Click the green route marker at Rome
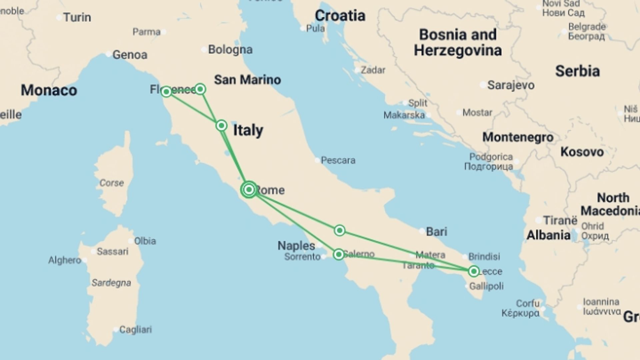point(249,190)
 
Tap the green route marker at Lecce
point(474,271)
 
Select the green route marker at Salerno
point(339,255)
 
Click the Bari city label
point(436,231)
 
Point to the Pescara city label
point(338,160)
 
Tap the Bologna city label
point(230,50)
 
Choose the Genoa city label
point(130,55)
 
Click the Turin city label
point(77,17)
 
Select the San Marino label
point(247,80)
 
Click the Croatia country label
point(340,16)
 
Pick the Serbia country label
point(577,71)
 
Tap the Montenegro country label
point(518,137)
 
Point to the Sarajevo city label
point(511,85)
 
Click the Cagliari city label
point(135,329)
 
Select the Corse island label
point(112,183)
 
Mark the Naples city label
point(296,246)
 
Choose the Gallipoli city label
point(486,286)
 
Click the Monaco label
point(49,90)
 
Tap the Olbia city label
point(145,241)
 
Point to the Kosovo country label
point(582,152)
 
